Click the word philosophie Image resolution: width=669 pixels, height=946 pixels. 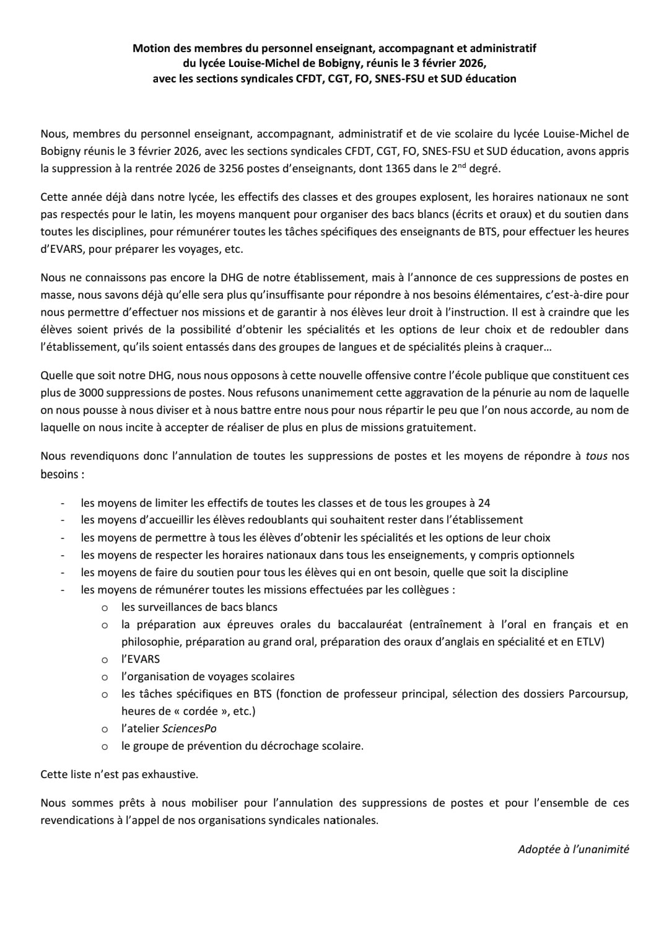point(149,642)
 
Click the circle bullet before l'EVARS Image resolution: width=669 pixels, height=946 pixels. point(105,660)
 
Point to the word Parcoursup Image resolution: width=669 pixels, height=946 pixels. point(598,694)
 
